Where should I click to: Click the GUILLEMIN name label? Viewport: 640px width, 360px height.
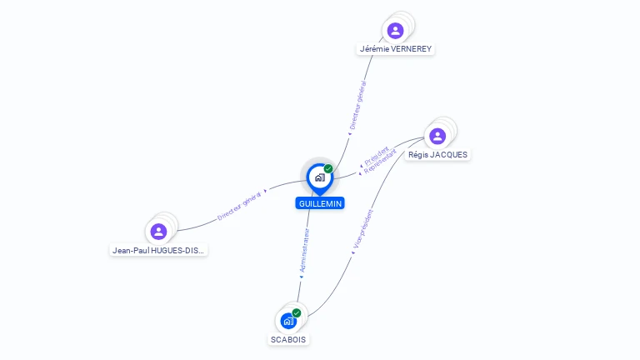(x=320, y=203)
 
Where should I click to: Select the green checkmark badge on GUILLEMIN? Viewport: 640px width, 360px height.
(x=328, y=168)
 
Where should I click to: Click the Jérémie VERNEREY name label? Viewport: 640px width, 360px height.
(x=396, y=49)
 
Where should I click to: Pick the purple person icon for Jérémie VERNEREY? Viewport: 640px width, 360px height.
(x=395, y=31)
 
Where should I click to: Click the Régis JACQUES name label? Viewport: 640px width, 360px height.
(x=437, y=155)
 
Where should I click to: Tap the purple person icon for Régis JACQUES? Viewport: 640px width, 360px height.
(x=437, y=137)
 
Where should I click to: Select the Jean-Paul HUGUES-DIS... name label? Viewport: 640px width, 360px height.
(x=158, y=251)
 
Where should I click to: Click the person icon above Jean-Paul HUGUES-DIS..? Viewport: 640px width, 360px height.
(x=158, y=232)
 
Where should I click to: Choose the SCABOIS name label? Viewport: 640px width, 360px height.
(x=288, y=340)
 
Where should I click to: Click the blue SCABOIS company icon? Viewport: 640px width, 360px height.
(x=288, y=321)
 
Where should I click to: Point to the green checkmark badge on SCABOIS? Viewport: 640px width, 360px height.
(x=297, y=313)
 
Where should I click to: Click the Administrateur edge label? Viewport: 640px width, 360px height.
(x=304, y=250)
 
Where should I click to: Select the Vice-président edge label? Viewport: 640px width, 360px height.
(x=362, y=229)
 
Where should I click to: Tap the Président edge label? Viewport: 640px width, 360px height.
(x=377, y=155)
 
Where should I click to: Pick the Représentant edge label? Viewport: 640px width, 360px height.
(x=380, y=161)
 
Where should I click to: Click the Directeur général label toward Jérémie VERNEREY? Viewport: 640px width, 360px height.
(x=358, y=105)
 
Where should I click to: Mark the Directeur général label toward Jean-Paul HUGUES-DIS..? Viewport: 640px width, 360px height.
(x=239, y=206)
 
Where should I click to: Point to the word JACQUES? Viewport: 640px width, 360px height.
(x=447, y=155)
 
